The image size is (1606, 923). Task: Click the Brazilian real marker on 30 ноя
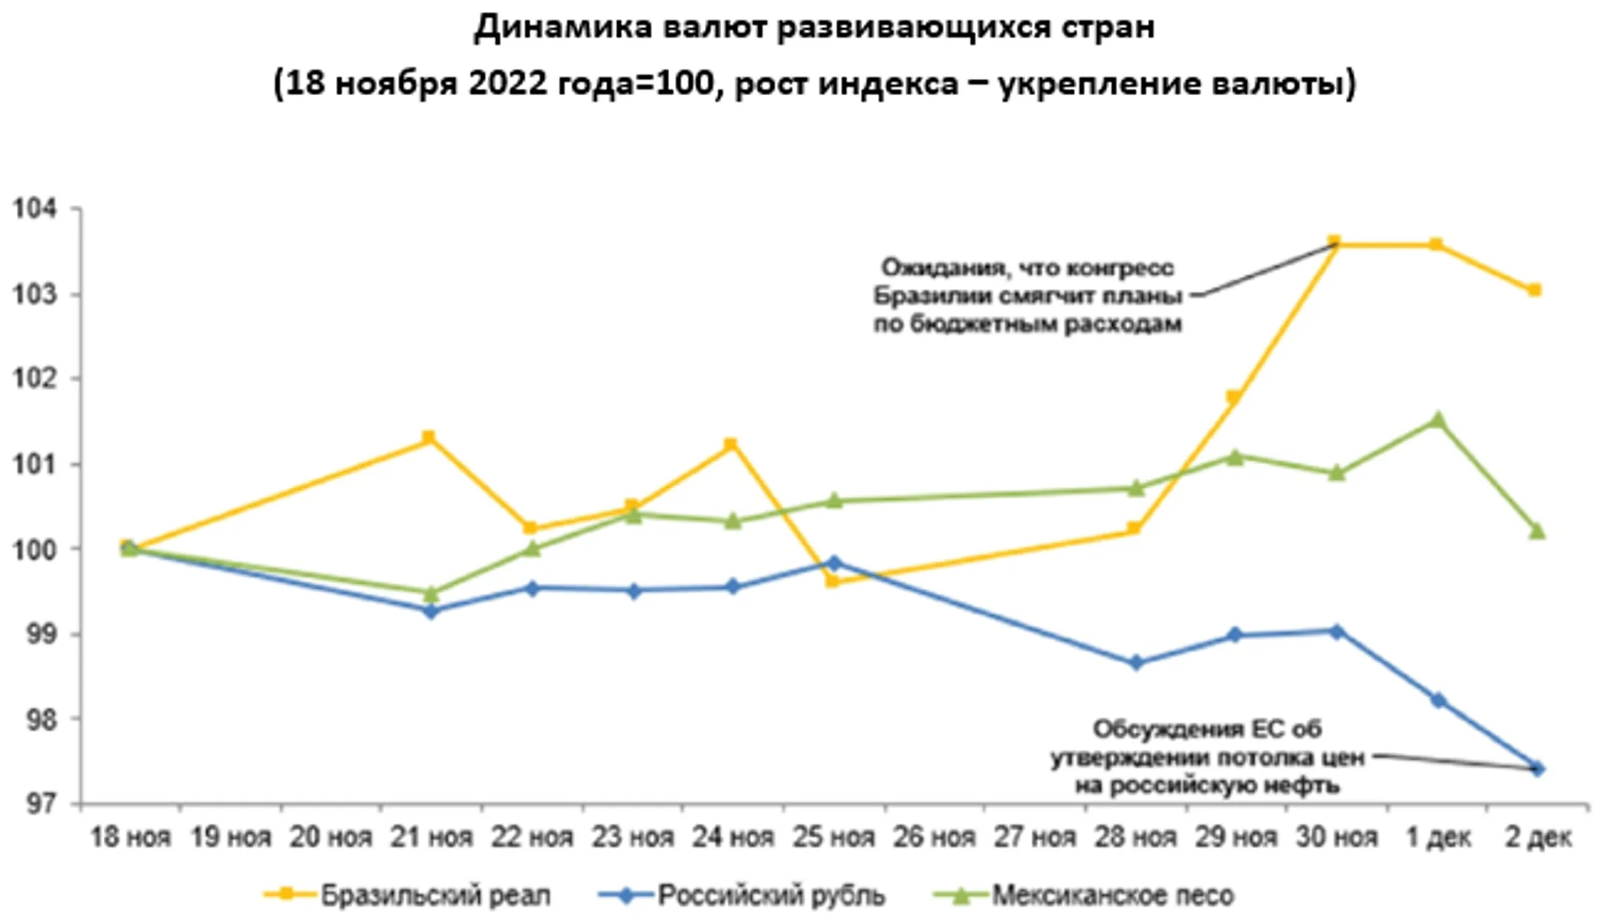coord(1334,242)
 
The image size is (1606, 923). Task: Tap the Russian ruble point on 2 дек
coord(1538,768)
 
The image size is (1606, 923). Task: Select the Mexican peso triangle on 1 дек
coord(1437,420)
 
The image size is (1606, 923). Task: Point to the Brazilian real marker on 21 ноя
coord(428,437)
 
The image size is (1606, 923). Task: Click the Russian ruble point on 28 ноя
coord(1135,662)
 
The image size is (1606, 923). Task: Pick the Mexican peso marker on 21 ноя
coord(430,594)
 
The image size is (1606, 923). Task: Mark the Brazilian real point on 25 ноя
coord(833,581)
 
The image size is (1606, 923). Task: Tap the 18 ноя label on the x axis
coord(130,837)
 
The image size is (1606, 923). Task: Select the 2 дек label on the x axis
coord(1538,837)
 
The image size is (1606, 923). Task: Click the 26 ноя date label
coord(934,837)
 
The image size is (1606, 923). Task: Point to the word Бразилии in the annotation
coord(920,296)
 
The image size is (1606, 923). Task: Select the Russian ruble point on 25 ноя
coord(834,563)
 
